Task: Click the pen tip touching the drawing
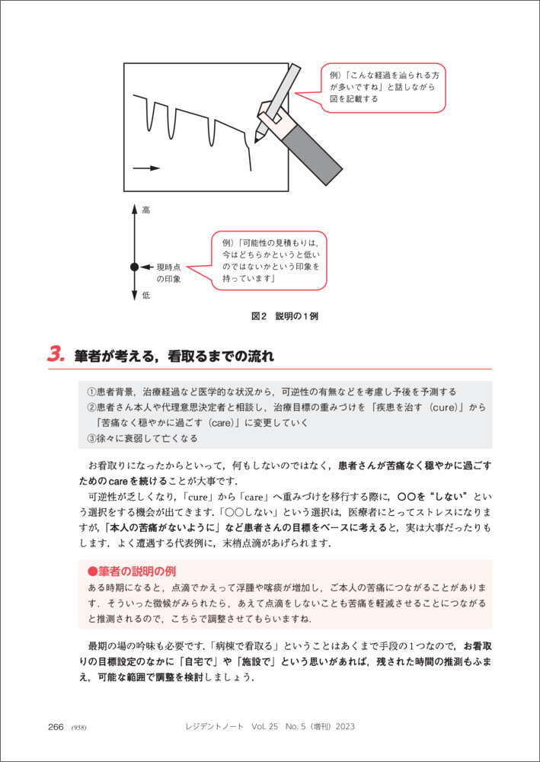tap(257, 139)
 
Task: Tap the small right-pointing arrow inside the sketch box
tap(147, 168)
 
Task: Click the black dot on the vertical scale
tap(135, 267)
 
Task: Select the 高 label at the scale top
tap(145, 210)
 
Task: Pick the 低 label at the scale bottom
tap(145, 295)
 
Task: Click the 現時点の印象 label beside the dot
tap(168, 273)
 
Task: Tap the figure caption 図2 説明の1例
tap(284, 315)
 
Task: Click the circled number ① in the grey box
tap(91, 392)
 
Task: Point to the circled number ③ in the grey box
tap(91, 438)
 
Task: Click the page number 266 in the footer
tap(56, 726)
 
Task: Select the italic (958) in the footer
tap(78, 727)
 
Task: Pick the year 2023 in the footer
tap(340, 726)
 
